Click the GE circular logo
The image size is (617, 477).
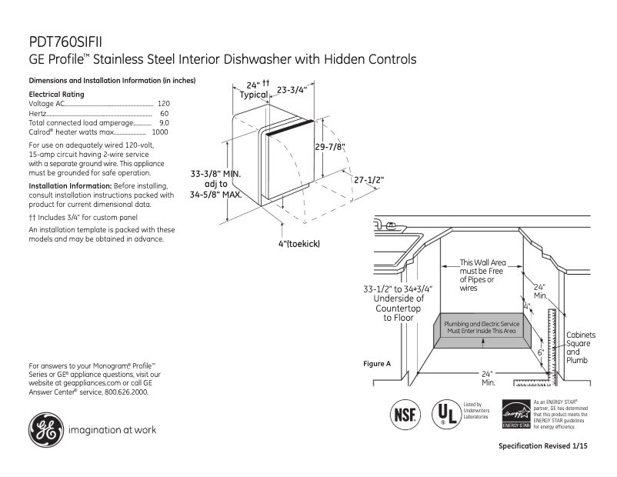[45, 429]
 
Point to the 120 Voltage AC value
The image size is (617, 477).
[163, 103]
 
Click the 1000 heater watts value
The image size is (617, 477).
[160, 132]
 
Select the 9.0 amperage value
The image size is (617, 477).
[164, 122]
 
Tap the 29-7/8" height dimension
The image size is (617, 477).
[329, 147]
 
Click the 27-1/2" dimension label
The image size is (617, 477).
[369, 179]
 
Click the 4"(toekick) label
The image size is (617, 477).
[299, 243]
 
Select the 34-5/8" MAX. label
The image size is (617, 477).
[216, 195]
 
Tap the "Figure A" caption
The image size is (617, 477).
[377, 362]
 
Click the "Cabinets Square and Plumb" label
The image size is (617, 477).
[580, 348]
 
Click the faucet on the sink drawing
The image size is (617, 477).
[390, 225]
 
